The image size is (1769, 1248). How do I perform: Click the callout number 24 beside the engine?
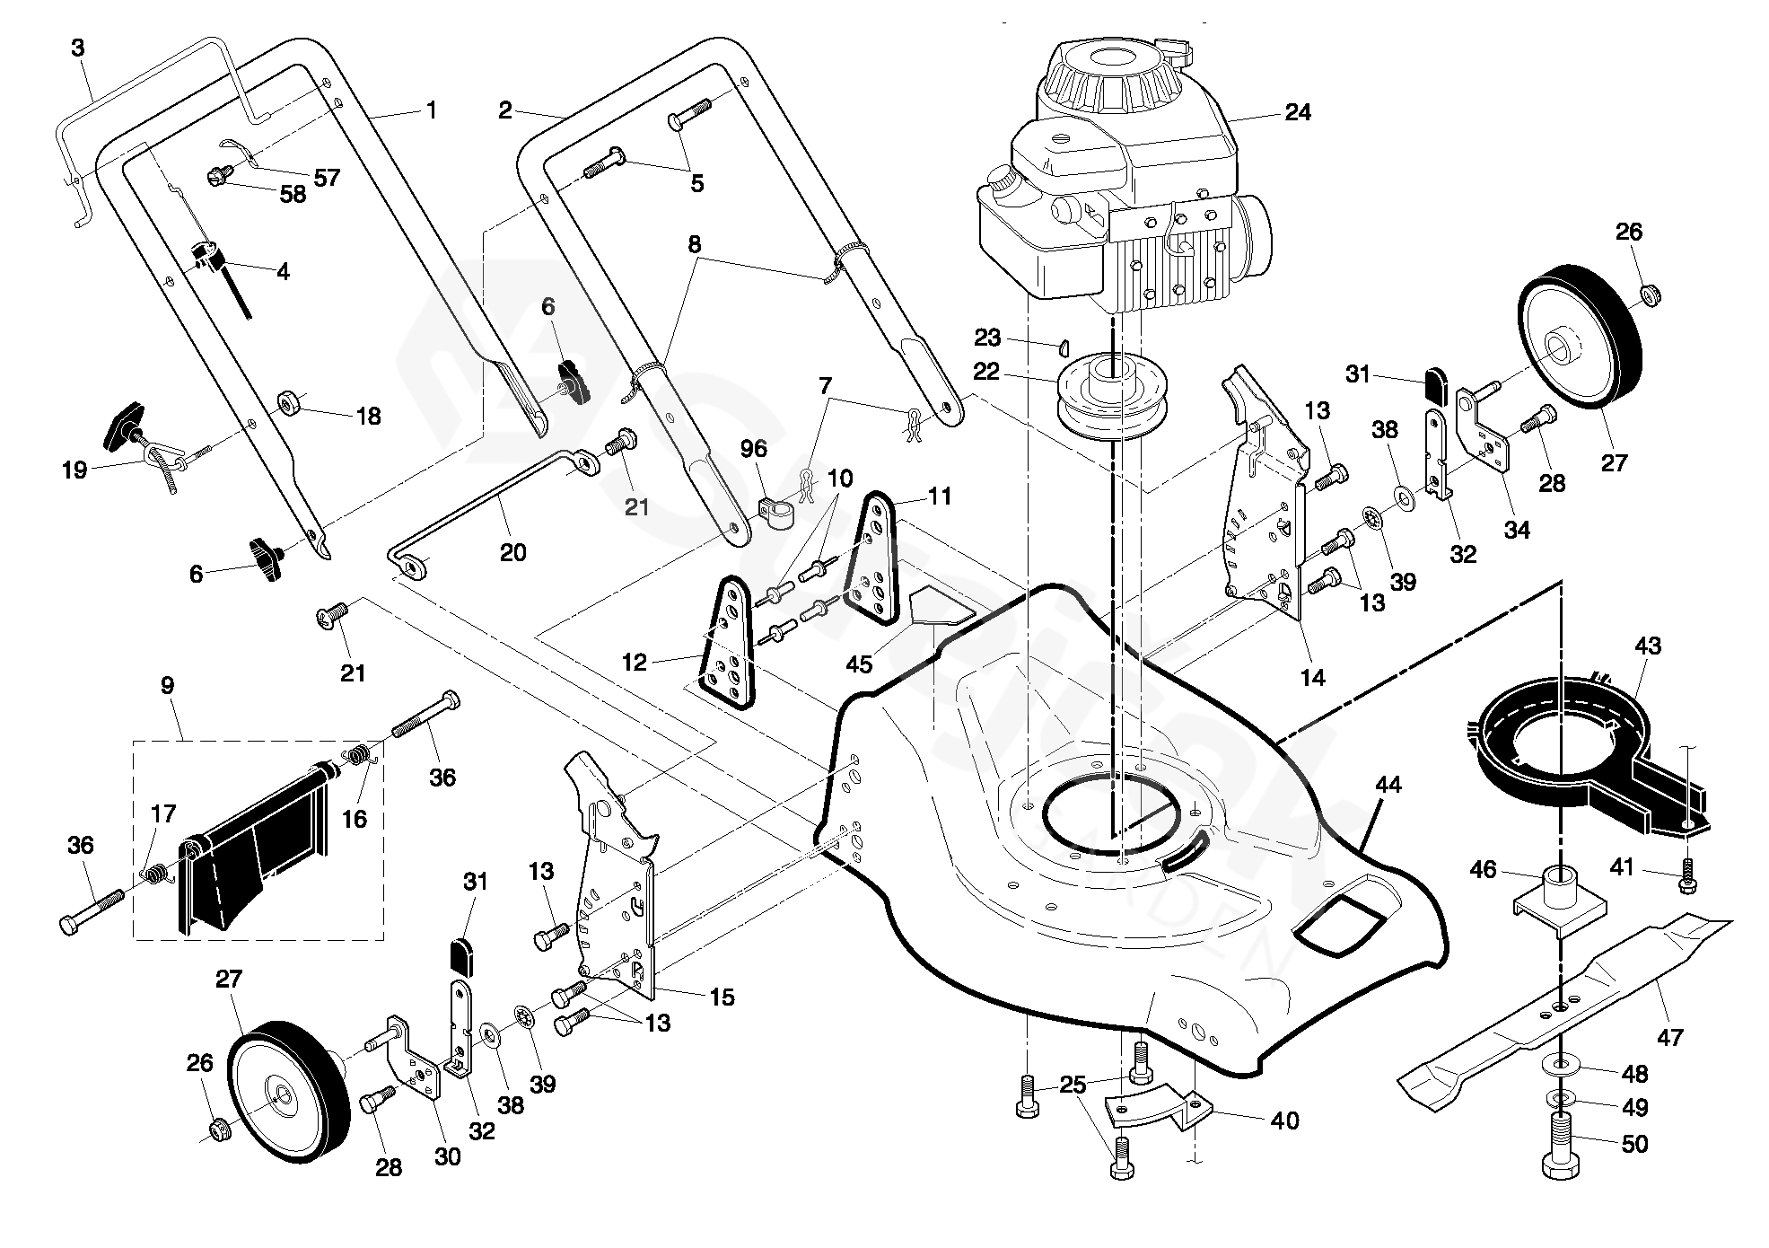click(1298, 112)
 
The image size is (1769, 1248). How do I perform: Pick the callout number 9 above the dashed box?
click(167, 687)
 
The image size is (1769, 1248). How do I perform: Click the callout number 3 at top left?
click(78, 48)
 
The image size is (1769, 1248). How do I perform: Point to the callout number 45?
click(859, 664)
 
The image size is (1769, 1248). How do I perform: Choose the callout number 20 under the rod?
click(512, 552)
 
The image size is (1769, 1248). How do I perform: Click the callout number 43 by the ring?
click(1648, 646)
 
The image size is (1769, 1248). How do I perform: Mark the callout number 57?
click(328, 177)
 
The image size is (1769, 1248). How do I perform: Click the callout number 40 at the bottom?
click(1285, 1121)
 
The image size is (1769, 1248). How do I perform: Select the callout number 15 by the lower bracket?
click(722, 997)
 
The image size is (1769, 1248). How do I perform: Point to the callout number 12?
click(634, 663)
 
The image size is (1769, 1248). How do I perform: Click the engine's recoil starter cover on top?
click(1109, 76)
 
